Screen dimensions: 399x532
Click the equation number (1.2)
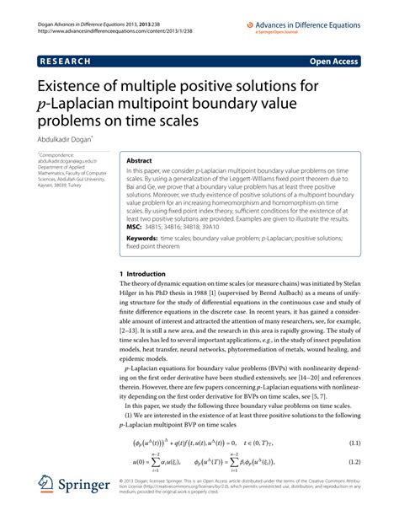375,486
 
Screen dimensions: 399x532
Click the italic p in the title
41,105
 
